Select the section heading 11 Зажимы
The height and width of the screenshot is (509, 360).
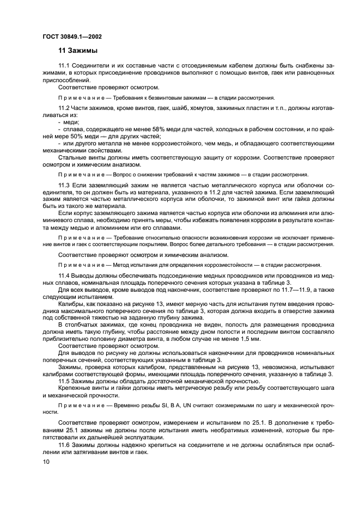click(x=78, y=51)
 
